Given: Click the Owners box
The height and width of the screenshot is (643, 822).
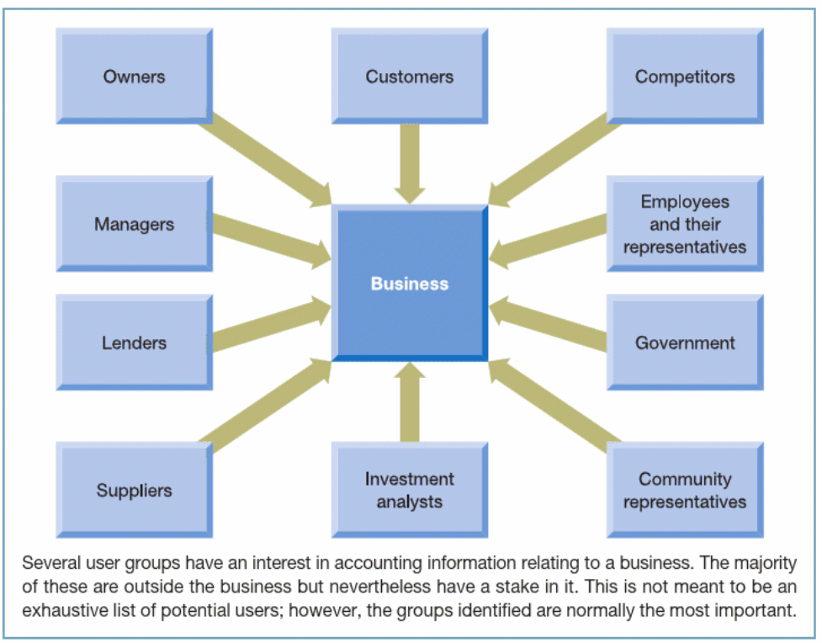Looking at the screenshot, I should tap(134, 77).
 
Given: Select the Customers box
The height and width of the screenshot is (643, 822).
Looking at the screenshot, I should tap(409, 77).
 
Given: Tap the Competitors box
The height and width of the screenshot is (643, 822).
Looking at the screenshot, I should tap(685, 77).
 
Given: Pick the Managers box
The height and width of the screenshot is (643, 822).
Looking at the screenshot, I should tap(134, 225).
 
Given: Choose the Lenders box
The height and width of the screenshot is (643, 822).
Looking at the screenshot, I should tap(134, 343).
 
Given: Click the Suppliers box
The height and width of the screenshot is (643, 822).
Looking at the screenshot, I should tap(134, 490).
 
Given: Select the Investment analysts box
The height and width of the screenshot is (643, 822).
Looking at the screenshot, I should tap(409, 490).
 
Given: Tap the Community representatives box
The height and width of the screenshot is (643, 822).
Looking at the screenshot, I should tap(685, 490).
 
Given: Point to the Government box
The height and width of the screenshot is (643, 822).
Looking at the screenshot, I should tap(685, 343).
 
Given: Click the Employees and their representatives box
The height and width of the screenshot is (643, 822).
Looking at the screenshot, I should tap(685, 225).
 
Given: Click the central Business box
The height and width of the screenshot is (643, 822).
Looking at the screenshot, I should tap(410, 284).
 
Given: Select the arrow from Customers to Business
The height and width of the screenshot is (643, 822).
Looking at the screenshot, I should tap(410, 163).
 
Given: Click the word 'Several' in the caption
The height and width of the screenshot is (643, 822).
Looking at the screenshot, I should tap(47, 563).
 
